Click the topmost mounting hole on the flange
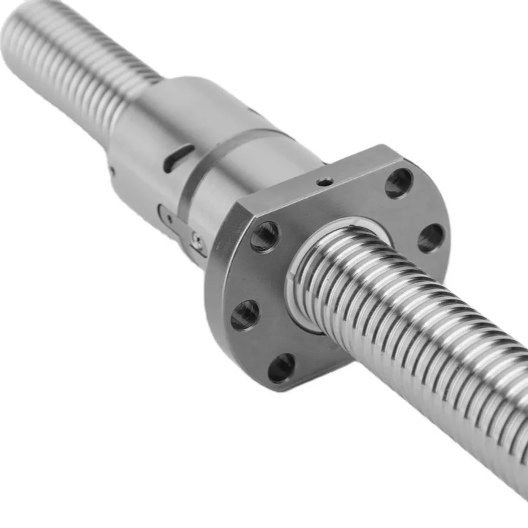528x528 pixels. [399, 183]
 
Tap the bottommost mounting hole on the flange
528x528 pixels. [281, 367]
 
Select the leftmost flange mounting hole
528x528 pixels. [245, 314]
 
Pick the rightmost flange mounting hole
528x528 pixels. [431, 238]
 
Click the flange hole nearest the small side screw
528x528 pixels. [265, 236]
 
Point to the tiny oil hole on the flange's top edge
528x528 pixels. [324, 182]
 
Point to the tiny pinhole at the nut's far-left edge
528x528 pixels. [112, 170]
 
